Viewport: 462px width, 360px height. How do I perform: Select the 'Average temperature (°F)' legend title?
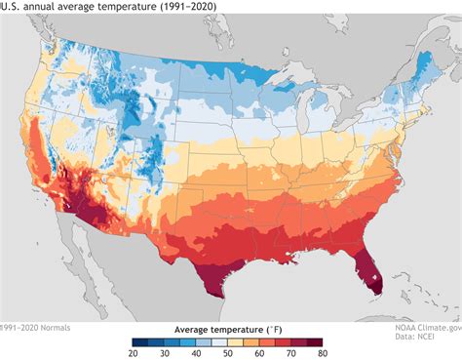pos(230,330)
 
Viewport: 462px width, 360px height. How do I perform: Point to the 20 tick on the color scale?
pos(135,353)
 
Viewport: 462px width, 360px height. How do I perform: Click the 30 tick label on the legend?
pos(167,353)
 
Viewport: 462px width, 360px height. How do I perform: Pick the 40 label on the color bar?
pos(199,353)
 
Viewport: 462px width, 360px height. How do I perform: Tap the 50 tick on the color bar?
pos(231,353)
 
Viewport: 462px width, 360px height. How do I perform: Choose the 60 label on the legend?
pos(263,353)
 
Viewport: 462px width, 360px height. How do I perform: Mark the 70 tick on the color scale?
pos(295,353)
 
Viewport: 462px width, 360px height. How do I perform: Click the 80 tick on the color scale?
pos(327,353)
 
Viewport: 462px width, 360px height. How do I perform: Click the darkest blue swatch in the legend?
pos(142,341)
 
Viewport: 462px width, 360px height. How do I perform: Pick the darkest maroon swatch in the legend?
pos(320,341)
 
